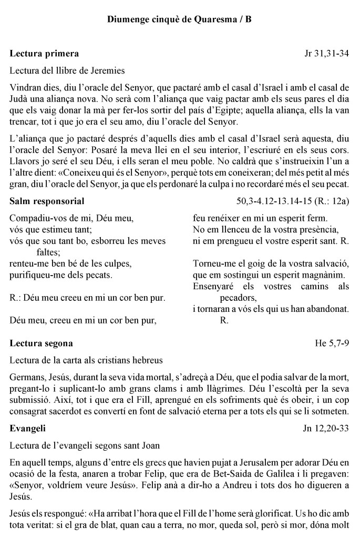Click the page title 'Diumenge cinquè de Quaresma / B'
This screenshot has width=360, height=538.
tap(179, 19)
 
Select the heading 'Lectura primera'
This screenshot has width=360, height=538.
tap(45, 53)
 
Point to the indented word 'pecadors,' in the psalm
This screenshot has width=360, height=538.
tap(237, 297)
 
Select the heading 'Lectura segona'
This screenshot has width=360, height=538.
tap(42, 343)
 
